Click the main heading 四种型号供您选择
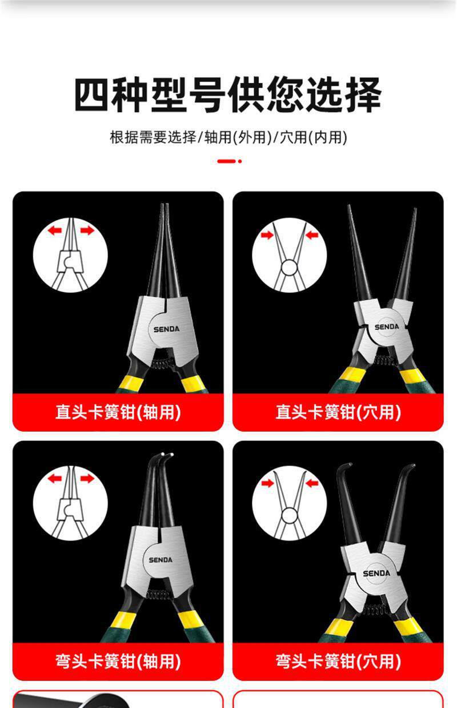click(x=228, y=95)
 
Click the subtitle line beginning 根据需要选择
click(x=228, y=137)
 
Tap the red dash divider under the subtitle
click(x=229, y=161)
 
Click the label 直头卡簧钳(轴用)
click(x=118, y=412)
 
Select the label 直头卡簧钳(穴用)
click(x=338, y=412)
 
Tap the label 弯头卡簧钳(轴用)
click(x=118, y=661)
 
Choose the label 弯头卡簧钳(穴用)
click(x=338, y=661)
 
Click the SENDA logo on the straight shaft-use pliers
click(x=166, y=329)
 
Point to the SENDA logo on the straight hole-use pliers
click(x=387, y=327)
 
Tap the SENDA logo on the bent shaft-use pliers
click(x=161, y=560)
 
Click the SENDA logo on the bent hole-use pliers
click(x=376, y=574)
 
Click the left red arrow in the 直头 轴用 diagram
click(x=55, y=230)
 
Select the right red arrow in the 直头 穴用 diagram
click(x=312, y=235)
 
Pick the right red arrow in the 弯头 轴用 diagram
click(x=87, y=478)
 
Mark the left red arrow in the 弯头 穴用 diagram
click(x=267, y=483)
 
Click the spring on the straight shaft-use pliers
click(x=163, y=364)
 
